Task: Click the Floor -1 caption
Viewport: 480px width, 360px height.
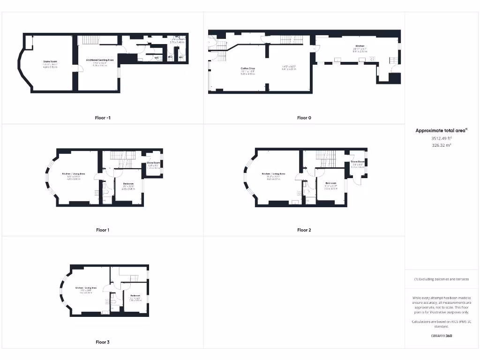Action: (103, 118)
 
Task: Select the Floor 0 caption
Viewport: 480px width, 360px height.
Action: (304, 118)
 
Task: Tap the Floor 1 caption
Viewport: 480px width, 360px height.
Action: (103, 230)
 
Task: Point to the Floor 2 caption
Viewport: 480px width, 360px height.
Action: (304, 230)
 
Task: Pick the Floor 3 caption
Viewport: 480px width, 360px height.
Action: (103, 342)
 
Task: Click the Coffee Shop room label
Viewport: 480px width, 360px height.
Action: (248, 68)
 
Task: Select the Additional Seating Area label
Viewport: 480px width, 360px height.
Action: (100, 60)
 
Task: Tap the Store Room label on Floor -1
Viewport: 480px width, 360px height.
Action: (50, 61)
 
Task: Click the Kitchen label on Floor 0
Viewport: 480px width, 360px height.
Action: (360, 46)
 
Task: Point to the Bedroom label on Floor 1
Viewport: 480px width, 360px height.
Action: (128, 183)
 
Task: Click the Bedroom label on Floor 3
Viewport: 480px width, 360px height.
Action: (135, 295)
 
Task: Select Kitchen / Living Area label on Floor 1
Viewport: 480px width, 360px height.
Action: (74, 173)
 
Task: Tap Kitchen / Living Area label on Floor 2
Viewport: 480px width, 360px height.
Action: (273, 173)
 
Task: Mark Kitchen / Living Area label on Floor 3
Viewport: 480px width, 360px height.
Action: (86, 287)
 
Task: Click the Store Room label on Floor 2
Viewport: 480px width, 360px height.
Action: (357, 162)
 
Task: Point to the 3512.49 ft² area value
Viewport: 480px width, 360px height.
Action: (441, 138)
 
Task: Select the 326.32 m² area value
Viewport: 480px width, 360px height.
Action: (441, 145)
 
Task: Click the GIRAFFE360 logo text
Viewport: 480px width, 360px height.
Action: (441, 336)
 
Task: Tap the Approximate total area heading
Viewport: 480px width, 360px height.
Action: (441, 130)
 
